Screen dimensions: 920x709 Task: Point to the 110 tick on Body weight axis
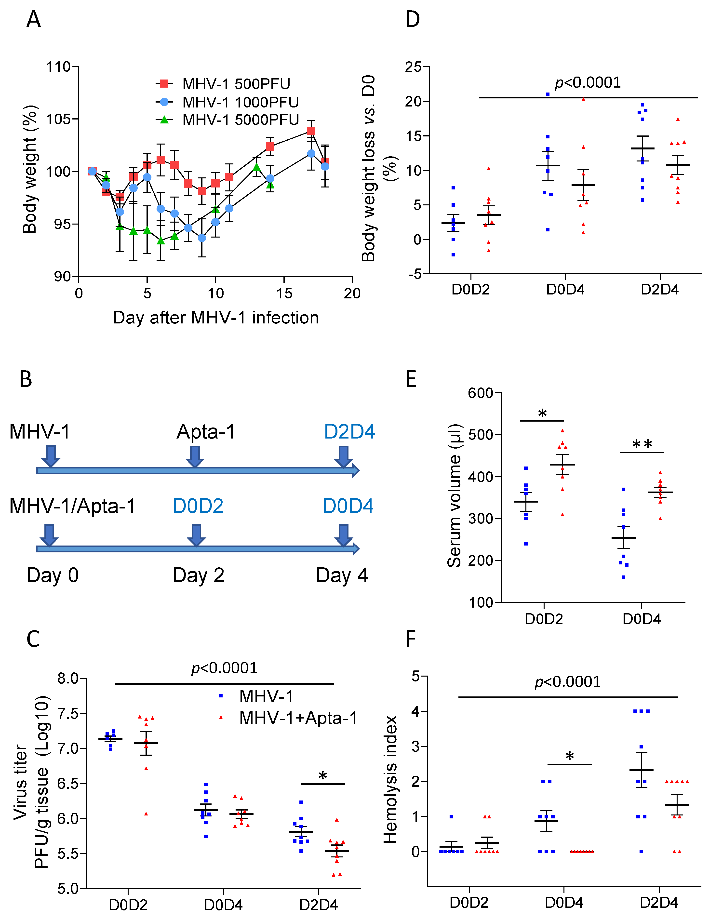[58, 67]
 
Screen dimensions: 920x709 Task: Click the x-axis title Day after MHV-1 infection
[216, 318]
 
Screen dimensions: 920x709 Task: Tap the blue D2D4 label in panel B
[349, 432]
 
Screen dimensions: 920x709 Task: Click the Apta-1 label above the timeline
[206, 432]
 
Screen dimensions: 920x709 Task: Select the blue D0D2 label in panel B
[198, 506]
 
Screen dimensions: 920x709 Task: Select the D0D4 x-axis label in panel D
[565, 290]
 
